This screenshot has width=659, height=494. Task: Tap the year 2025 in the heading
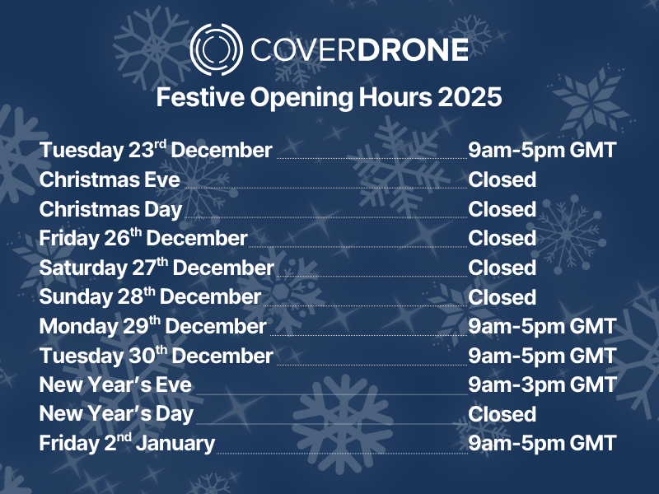pyautogui.click(x=470, y=97)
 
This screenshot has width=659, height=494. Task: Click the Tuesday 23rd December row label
pyautogui.click(x=156, y=151)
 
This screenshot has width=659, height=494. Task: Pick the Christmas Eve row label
pyautogui.click(x=110, y=179)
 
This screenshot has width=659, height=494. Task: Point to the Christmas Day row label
pyautogui.click(x=110, y=209)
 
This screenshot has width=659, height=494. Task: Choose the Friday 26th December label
pyautogui.click(x=143, y=239)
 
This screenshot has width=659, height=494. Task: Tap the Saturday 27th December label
pyautogui.click(x=157, y=268)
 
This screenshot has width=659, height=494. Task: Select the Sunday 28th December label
pyautogui.click(x=150, y=297)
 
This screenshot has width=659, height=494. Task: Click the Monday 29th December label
pyautogui.click(x=153, y=327)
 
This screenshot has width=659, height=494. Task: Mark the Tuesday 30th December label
pyautogui.click(x=156, y=356)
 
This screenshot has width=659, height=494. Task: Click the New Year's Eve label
pyautogui.click(x=115, y=384)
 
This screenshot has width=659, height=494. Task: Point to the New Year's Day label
pyautogui.click(x=116, y=414)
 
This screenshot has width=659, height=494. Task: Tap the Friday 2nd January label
pyautogui.click(x=127, y=443)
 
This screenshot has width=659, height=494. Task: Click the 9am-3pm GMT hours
pyautogui.click(x=542, y=384)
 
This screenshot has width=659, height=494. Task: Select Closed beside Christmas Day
pyautogui.click(x=502, y=209)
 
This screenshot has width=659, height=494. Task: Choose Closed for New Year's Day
pyautogui.click(x=502, y=414)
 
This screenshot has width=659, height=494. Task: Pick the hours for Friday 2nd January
pyautogui.click(x=542, y=443)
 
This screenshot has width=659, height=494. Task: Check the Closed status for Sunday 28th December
pyautogui.click(x=502, y=297)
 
